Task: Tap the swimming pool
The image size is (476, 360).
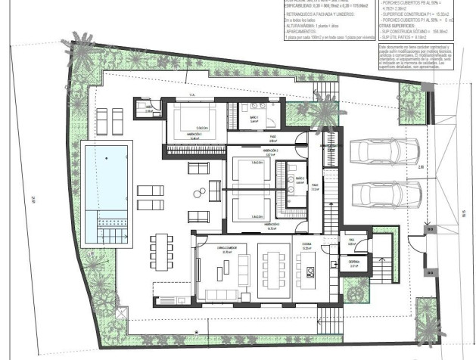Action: [x=105, y=182]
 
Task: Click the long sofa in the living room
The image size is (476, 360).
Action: [x=219, y=294]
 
